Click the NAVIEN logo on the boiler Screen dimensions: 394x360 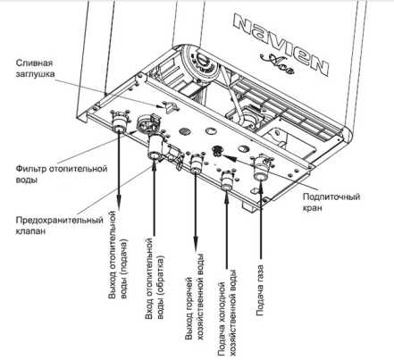tap(281, 45)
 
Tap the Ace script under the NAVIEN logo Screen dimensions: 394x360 tap(277, 63)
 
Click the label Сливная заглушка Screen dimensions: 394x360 tap(35, 68)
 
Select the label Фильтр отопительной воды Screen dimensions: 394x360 tap(62, 174)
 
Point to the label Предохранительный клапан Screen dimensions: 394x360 tap(60, 225)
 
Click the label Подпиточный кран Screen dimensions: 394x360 tap(331, 202)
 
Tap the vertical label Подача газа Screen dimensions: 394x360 tap(260, 290)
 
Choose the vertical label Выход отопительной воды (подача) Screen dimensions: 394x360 tap(118, 255)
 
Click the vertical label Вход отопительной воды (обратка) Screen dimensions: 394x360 tap(155, 279)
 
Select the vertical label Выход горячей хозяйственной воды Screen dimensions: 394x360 tap(195, 297)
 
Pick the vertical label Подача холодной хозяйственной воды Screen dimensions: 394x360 tap(227, 313)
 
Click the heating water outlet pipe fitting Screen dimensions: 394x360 tap(118, 121)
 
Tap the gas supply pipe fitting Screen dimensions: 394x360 tap(261, 168)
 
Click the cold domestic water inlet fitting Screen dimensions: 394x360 tap(227, 180)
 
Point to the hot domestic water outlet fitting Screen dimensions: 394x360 tap(196, 163)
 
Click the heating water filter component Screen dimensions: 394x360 tap(147, 123)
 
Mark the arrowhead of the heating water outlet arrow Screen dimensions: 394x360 tap(119, 198)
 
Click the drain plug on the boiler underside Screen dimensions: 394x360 tap(169, 106)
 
